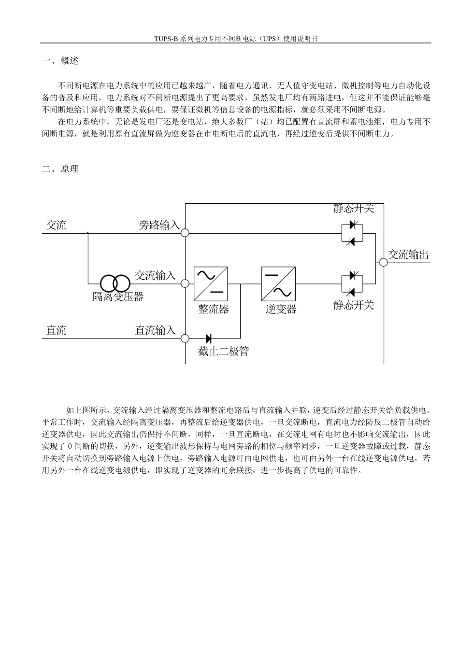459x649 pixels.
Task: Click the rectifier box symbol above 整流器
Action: [211, 283]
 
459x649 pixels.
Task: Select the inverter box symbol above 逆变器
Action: [278, 283]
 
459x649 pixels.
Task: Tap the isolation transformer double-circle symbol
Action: [115, 283]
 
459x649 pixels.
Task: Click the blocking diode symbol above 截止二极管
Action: [209, 339]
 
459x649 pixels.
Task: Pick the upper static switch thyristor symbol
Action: [352, 233]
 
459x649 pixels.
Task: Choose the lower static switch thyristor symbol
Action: [352, 283]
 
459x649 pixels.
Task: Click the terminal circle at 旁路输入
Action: [185, 233]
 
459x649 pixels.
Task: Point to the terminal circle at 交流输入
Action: [185, 283]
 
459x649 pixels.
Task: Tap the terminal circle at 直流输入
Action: [185, 338]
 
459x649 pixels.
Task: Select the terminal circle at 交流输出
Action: [383, 262]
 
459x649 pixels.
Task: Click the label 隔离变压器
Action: [118, 296]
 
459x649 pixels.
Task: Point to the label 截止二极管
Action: [223, 352]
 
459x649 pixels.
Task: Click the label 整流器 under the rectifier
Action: [214, 310]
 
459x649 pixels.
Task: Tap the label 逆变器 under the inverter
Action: [281, 310]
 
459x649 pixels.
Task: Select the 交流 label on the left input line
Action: [57, 225]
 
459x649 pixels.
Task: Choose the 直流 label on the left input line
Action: [57, 331]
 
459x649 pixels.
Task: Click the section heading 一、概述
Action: [60, 61]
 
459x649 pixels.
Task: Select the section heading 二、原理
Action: [60, 169]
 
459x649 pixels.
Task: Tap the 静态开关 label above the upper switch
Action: [354, 209]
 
